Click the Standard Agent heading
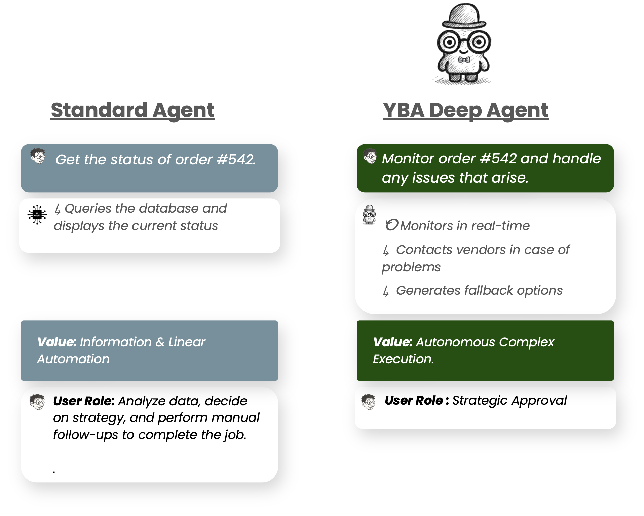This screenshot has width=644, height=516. (132, 110)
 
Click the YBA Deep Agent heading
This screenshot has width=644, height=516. (466, 110)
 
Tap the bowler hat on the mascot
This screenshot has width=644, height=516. (464, 15)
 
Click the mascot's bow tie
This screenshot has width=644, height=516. (464, 61)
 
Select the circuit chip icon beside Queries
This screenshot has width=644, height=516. (37, 214)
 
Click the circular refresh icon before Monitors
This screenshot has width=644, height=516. (391, 225)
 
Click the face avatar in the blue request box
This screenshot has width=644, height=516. (38, 156)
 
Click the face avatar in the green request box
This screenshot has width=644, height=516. (370, 156)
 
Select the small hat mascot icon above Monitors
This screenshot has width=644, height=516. (369, 214)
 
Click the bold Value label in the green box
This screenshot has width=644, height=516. (392, 342)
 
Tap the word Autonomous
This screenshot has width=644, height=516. (456, 342)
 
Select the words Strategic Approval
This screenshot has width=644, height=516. (509, 400)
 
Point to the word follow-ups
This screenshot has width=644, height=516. (85, 435)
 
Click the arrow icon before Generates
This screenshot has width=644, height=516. (386, 291)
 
